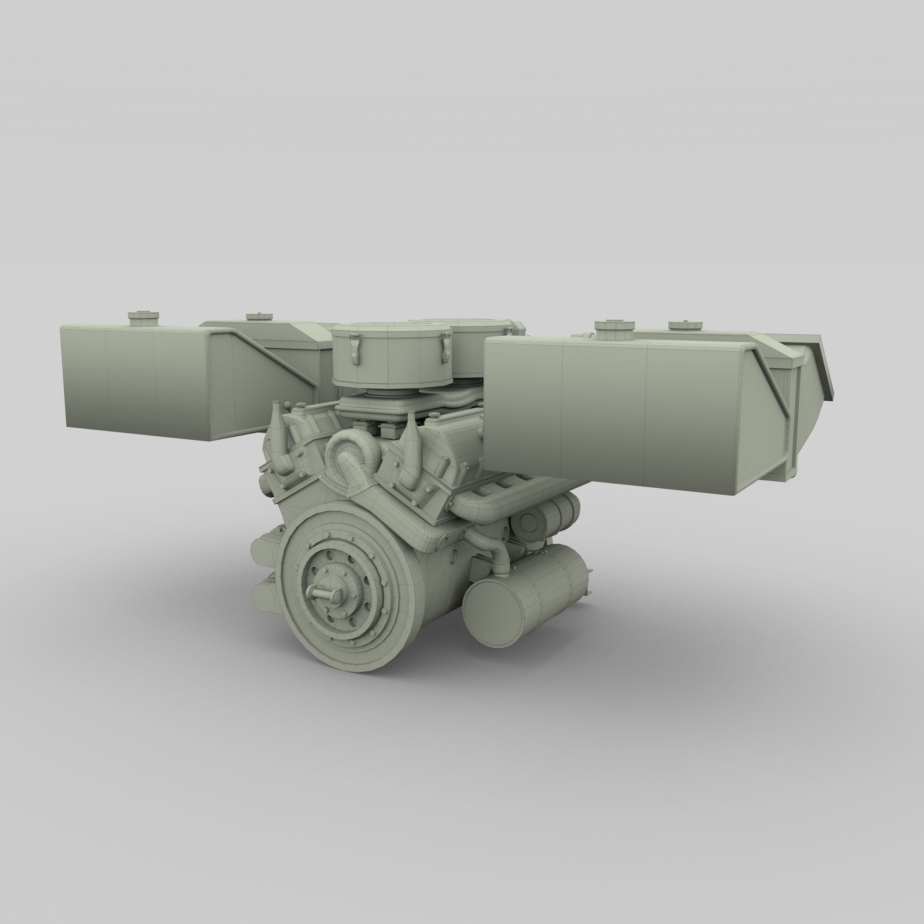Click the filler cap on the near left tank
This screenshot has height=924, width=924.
click(143, 317)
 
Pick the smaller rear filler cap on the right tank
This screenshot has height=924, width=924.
click(684, 326)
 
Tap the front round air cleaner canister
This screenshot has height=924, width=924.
click(391, 354)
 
